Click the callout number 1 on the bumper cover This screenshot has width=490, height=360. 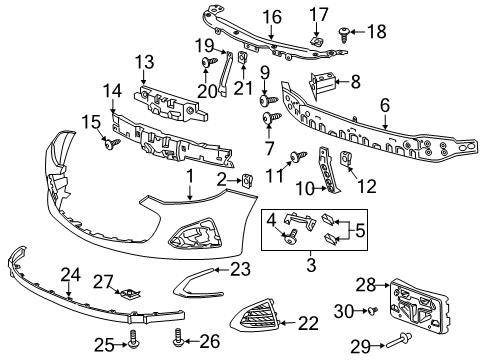188,175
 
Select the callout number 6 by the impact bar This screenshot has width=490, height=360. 384,105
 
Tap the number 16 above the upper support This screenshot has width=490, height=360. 273,17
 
